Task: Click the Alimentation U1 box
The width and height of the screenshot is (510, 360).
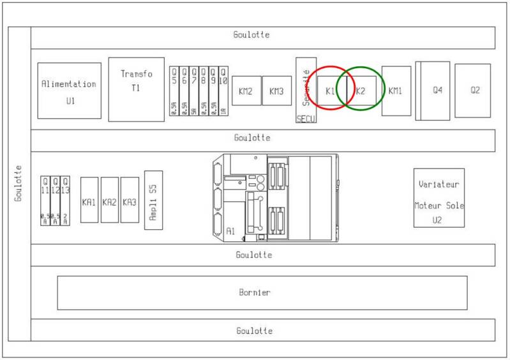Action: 69,91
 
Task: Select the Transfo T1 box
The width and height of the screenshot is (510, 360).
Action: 137,89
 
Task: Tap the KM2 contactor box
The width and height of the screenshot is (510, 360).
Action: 246,91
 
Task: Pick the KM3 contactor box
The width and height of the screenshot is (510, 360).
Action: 276,91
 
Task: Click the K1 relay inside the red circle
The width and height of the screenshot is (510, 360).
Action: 330,91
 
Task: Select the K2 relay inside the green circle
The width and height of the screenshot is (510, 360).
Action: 361,91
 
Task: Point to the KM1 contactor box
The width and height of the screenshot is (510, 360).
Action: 396,91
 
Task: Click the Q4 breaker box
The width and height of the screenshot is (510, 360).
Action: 436,91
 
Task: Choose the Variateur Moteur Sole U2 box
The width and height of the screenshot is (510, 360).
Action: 439,197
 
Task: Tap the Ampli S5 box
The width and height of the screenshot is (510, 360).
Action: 153,200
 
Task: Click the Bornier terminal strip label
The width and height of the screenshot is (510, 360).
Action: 255,293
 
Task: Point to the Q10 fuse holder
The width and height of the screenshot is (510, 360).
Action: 223,91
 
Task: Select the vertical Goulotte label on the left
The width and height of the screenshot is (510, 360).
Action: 19,183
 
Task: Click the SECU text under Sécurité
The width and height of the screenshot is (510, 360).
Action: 306,118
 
